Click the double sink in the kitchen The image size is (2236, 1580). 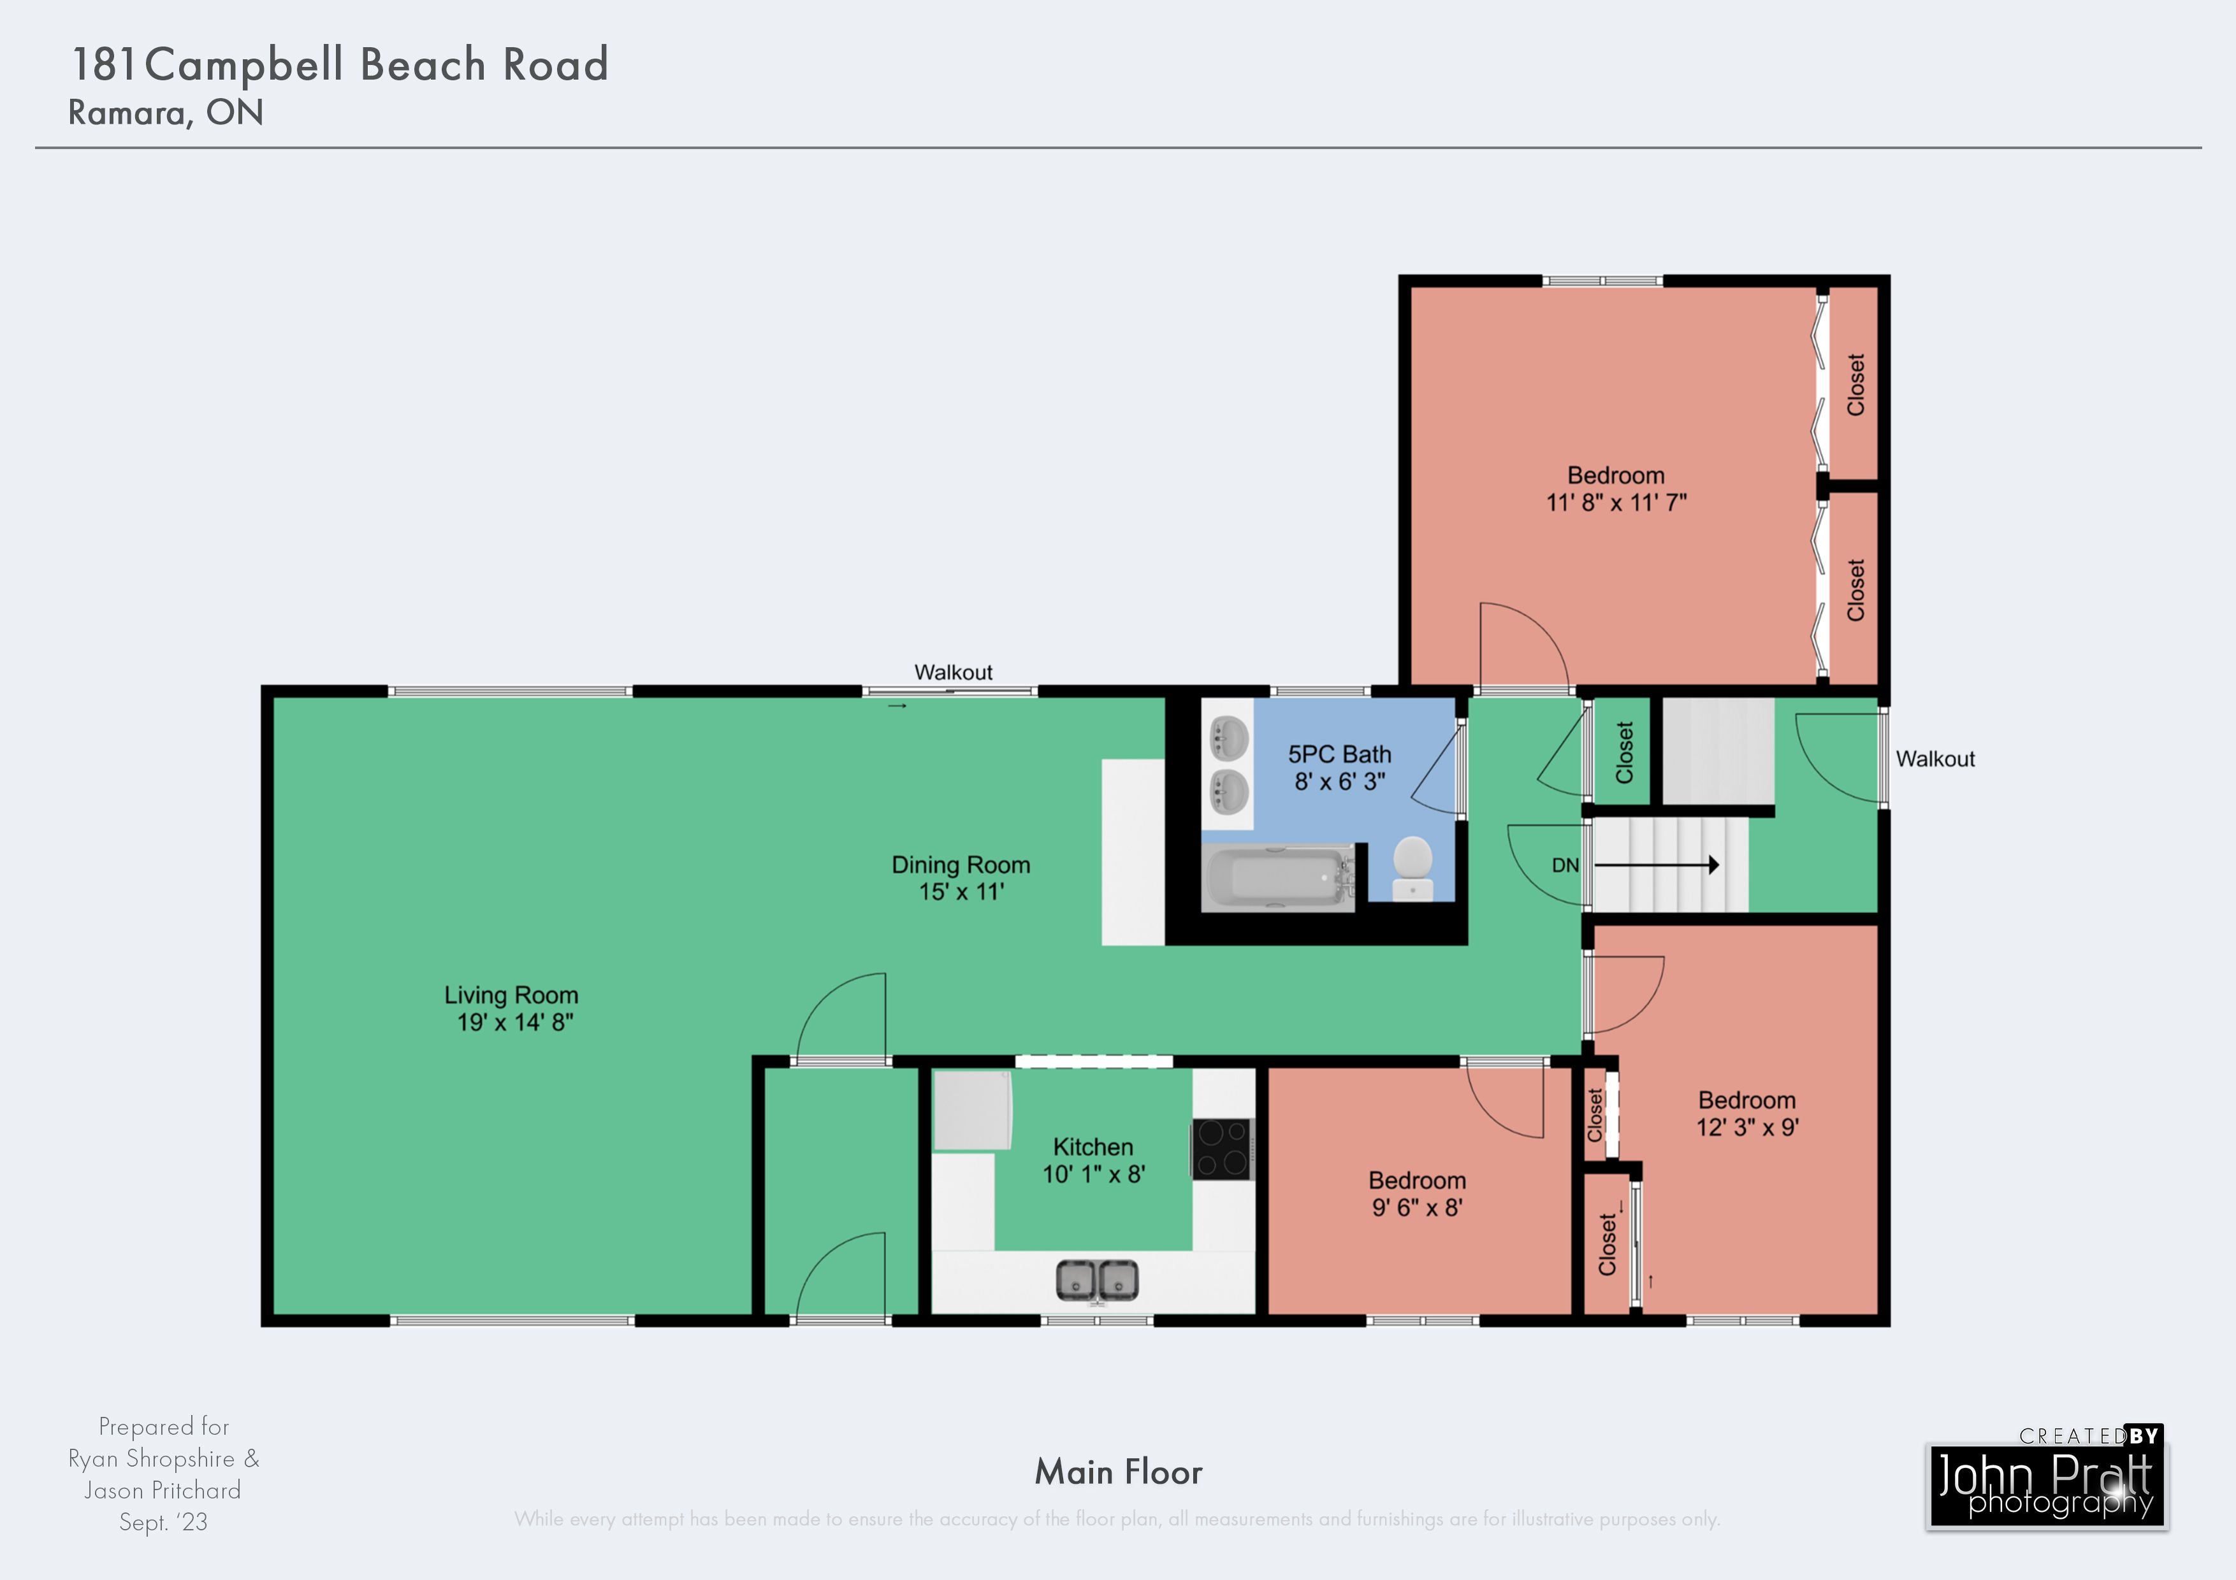click(1098, 1280)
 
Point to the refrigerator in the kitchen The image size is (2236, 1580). click(973, 1110)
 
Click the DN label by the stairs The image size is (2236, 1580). click(1565, 865)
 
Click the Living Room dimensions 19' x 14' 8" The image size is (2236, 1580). click(515, 1022)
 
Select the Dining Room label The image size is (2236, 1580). click(961, 865)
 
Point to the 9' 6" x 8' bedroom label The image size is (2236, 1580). click(1417, 1207)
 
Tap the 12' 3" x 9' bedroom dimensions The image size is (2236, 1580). click(1747, 1127)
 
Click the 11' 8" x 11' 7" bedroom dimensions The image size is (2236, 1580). click(1616, 502)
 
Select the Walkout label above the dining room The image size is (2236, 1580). click(954, 671)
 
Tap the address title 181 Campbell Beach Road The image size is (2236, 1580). click(340, 64)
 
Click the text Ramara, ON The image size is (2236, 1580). click(166, 113)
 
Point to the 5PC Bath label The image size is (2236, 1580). click(1339, 754)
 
